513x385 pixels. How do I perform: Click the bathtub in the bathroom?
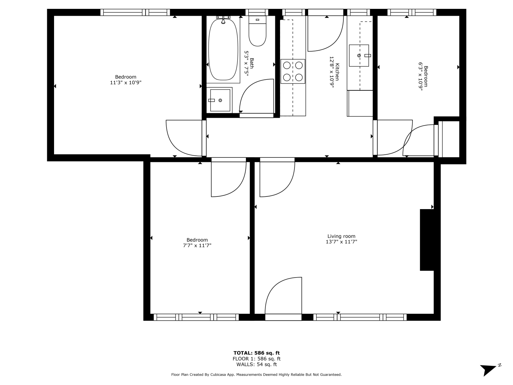(x=223, y=50)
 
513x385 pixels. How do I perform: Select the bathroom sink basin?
(x=220, y=100)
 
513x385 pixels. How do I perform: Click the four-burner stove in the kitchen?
(x=293, y=71)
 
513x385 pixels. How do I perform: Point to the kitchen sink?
(x=359, y=56)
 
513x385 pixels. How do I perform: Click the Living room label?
(x=341, y=236)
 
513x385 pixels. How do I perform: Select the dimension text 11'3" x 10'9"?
(x=126, y=82)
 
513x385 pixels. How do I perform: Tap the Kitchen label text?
(x=337, y=72)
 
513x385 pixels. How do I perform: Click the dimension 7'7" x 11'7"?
(x=197, y=245)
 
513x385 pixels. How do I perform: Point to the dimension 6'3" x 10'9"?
(x=420, y=76)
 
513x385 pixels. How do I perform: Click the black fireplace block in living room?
(x=427, y=240)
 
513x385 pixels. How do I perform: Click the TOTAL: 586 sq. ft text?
(x=256, y=353)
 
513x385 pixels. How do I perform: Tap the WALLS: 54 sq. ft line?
(x=256, y=364)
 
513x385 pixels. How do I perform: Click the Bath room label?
(x=252, y=63)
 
